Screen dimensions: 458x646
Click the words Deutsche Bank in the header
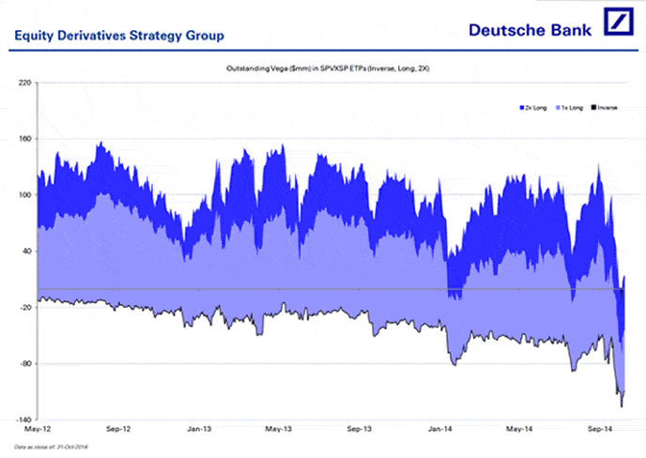(x=531, y=29)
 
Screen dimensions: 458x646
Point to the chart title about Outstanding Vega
(x=322, y=69)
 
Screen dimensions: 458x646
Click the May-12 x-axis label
(x=35, y=429)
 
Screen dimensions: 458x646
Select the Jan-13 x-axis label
(x=199, y=429)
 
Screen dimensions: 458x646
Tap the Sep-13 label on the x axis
(x=360, y=429)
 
